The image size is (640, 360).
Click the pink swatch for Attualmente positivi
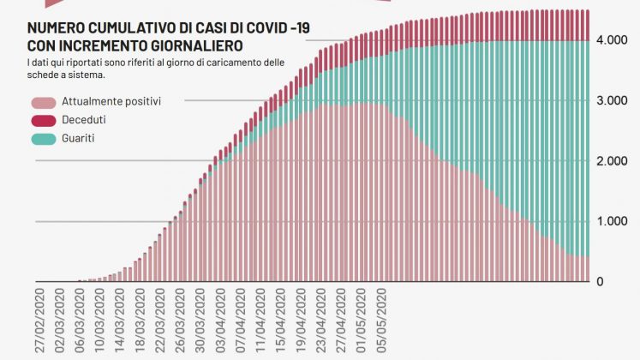(x=42, y=101)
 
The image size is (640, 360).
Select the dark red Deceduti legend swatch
(x=42, y=119)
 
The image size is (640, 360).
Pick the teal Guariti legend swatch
(x=42, y=137)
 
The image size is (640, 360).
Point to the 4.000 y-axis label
(x=612, y=40)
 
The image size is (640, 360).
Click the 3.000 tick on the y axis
(x=612, y=101)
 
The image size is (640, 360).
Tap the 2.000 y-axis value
(x=612, y=161)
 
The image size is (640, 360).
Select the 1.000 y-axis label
(x=612, y=221)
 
